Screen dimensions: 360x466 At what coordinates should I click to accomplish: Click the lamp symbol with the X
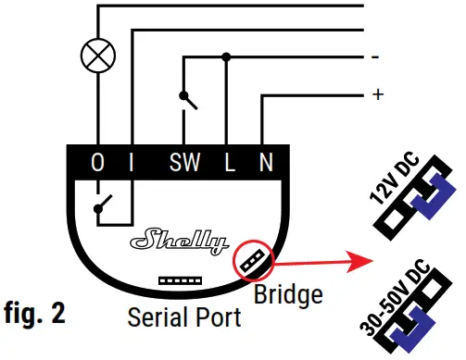click(x=94, y=56)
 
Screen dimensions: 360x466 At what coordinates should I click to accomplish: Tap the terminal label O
click(x=96, y=164)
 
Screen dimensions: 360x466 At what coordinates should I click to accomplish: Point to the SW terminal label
click(x=183, y=164)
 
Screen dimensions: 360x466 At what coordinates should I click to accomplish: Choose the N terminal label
click(x=266, y=164)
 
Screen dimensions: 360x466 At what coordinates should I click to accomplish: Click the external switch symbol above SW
click(x=187, y=99)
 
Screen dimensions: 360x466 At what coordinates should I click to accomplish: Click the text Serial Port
click(x=183, y=317)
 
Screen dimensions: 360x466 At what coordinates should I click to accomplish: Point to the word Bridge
click(x=288, y=295)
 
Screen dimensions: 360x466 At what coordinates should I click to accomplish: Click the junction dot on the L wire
click(x=227, y=56)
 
